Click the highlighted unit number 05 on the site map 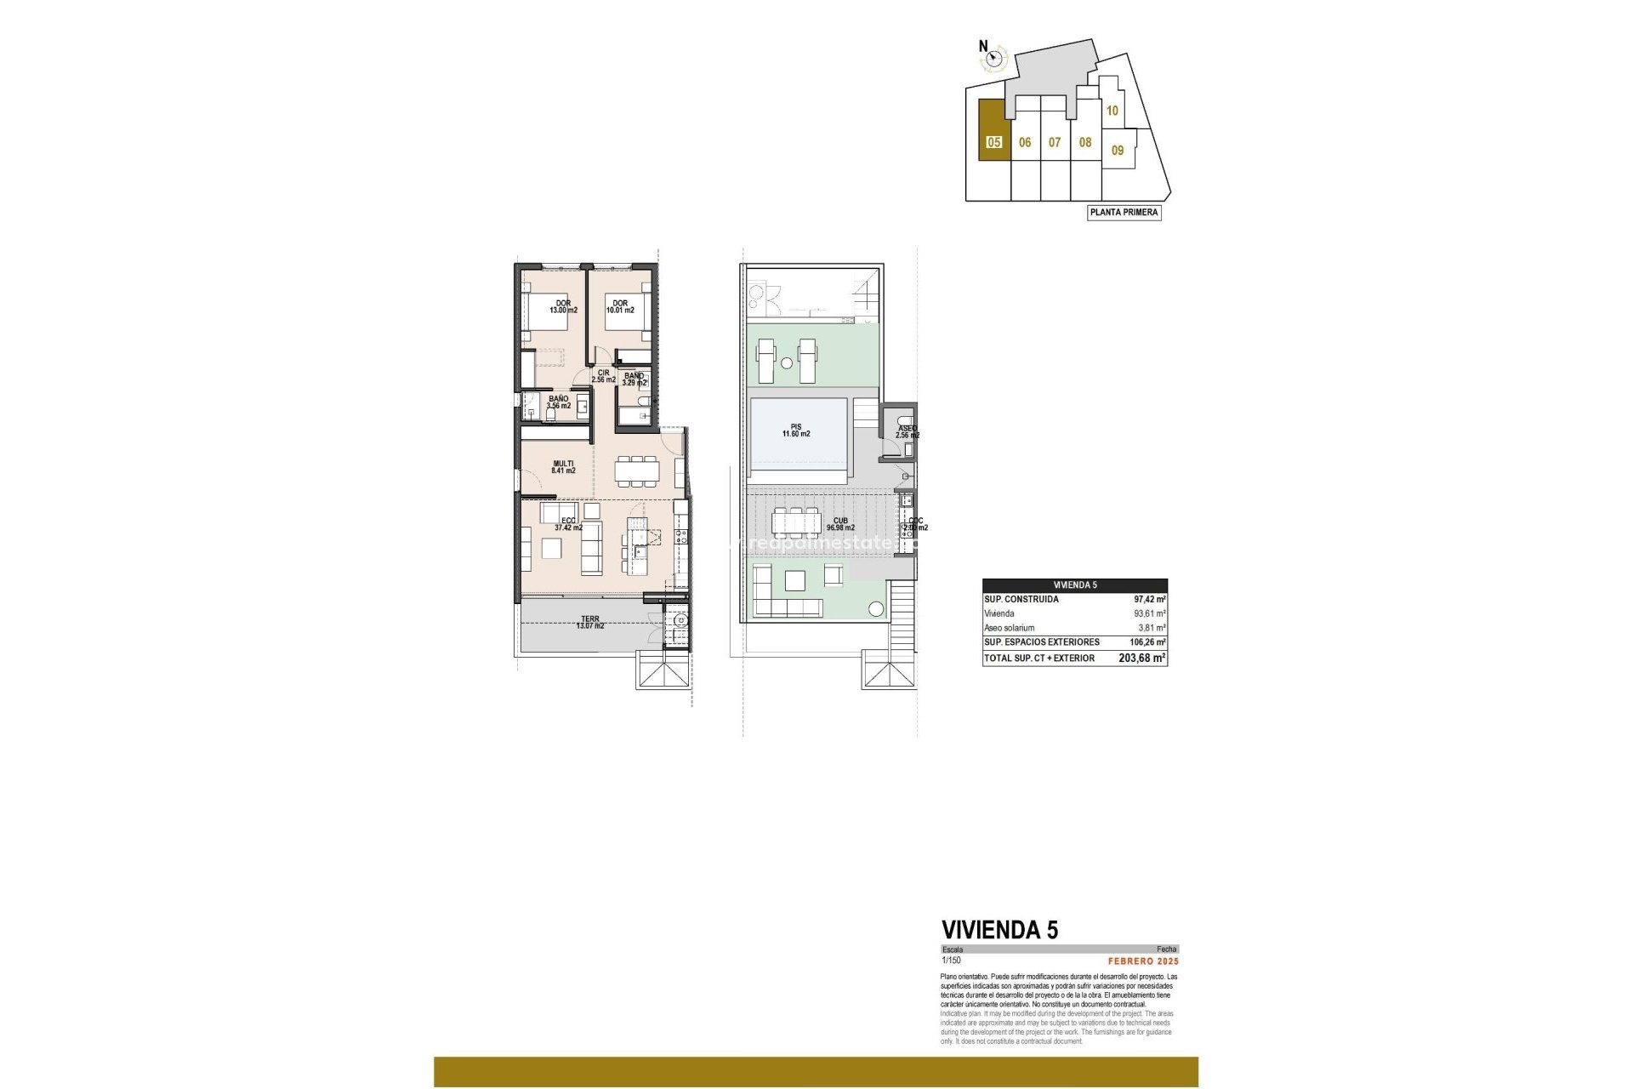(993, 143)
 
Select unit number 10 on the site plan (1112, 111)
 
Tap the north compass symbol (993, 58)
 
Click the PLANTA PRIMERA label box (1124, 213)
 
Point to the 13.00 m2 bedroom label (563, 310)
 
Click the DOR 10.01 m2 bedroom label (620, 306)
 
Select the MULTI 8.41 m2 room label (563, 467)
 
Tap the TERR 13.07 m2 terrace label (590, 622)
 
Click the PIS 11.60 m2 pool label (796, 430)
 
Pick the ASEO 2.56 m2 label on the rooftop (907, 431)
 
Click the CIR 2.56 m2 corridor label (603, 376)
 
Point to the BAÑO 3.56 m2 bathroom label (559, 402)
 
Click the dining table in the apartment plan (636, 470)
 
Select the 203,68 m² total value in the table (1141, 658)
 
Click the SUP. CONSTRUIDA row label (1021, 599)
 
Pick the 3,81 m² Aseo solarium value (1152, 628)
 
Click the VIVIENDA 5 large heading (999, 929)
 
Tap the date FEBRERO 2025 (1143, 961)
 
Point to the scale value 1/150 (951, 960)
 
